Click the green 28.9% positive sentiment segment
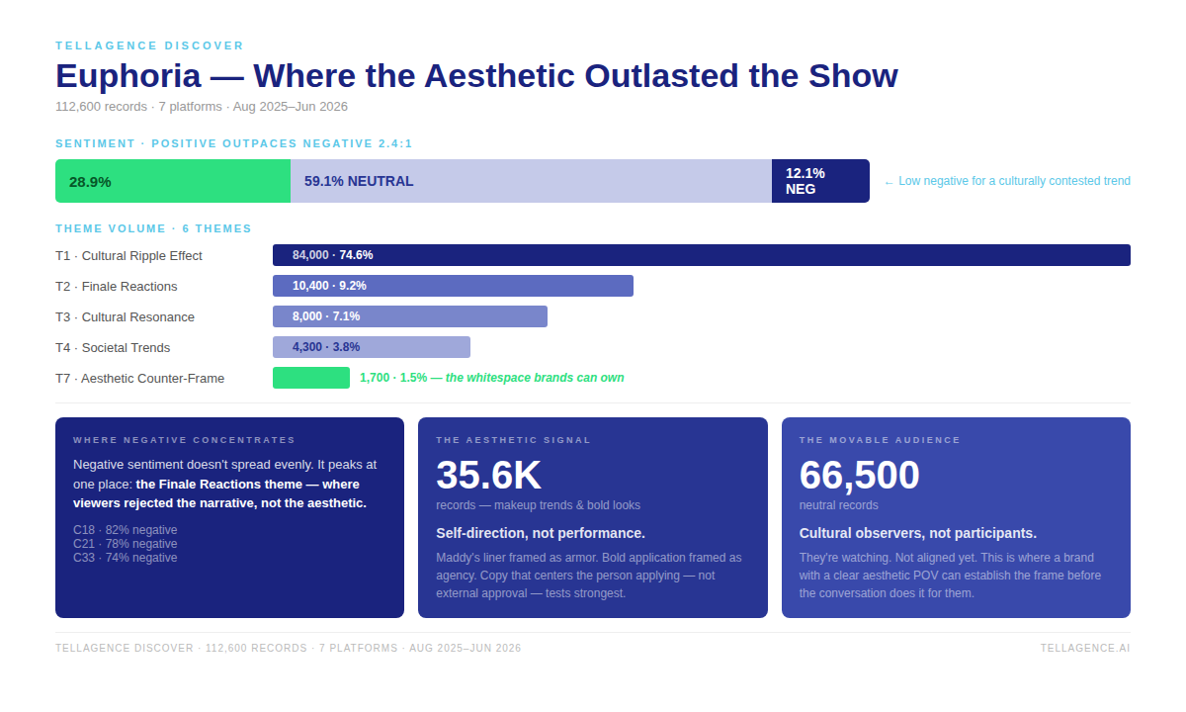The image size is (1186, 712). (173, 181)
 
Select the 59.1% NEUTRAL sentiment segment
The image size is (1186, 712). (531, 181)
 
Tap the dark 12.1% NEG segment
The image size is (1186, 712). (820, 181)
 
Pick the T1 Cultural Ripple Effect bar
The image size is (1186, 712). (702, 255)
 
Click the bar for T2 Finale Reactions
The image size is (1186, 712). (453, 286)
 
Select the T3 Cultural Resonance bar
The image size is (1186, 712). (410, 316)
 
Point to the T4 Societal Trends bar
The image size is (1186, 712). (372, 347)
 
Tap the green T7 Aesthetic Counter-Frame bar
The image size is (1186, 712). (311, 378)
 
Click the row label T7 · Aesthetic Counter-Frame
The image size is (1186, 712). (139, 378)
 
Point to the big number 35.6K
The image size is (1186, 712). (488, 475)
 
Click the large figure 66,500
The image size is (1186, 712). (859, 475)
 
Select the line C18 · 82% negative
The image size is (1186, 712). (125, 530)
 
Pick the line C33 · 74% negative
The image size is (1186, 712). (125, 558)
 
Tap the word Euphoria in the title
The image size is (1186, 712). (128, 76)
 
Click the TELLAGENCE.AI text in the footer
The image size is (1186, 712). (1085, 648)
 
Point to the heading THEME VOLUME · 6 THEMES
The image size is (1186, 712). (153, 228)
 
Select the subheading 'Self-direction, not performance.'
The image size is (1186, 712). (541, 533)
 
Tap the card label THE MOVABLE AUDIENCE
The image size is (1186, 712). (880, 440)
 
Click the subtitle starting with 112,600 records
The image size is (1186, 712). (202, 107)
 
